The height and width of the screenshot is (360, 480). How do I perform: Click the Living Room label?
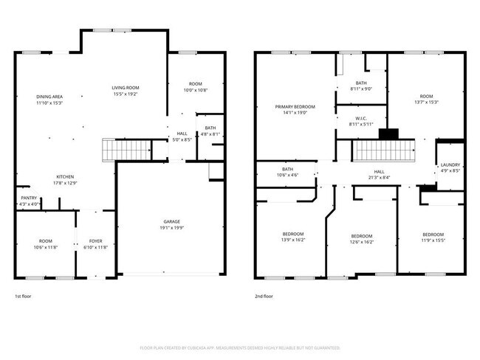[x=125, y=87]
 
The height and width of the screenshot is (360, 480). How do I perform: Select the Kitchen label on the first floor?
[x=65, y=177]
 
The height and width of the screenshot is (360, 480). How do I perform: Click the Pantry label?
[x=28, y=198]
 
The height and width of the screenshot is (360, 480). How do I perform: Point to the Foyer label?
[x=97, y=240]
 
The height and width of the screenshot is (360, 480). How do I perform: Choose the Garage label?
[x=172, y=221]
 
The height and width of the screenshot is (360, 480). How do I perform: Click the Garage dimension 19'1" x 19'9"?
[x=172, y=228]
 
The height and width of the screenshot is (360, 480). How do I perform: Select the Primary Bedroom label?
[x=295, y=106]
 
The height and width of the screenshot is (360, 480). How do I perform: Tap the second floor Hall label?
[x=379, y=171]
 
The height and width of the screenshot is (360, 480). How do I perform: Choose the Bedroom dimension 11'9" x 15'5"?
[x=433, y=240]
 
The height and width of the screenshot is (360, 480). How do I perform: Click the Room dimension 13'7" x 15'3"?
[x=426, y=103]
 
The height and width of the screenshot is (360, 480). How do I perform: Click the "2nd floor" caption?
[x=264, y=296]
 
